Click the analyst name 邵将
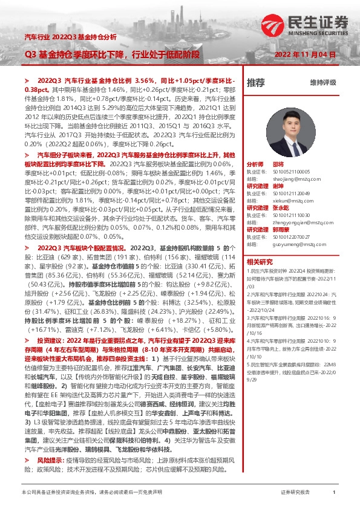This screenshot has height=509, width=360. click(278, 164)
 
